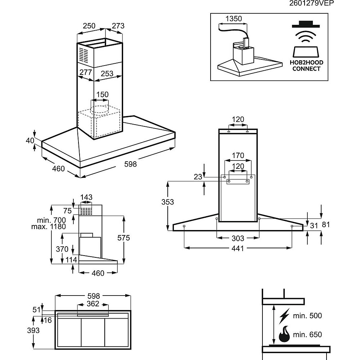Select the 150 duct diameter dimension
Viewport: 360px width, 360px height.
coord(102,95)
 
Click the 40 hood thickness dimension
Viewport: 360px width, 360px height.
coord(30,140)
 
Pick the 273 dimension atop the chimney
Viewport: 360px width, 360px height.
coord(118,26)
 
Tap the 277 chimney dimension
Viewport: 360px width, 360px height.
coord(86,72)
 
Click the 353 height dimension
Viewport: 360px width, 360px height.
coord(167,202)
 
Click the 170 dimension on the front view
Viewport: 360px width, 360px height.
coord(238,156)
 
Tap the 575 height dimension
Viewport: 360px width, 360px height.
coord(133,238)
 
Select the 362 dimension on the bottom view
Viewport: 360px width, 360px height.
coord(93,304)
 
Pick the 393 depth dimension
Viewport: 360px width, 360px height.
coord(33,330)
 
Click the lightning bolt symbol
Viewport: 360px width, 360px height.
coord(284,317)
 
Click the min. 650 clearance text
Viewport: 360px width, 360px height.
coord(307,335)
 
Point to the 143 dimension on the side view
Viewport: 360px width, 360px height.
coord(86,197)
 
